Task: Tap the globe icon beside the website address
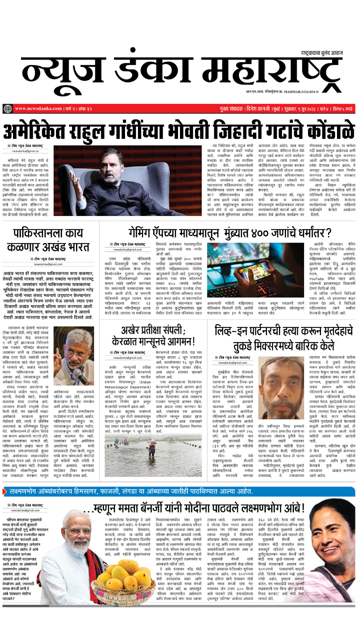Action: pos(7,109)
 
